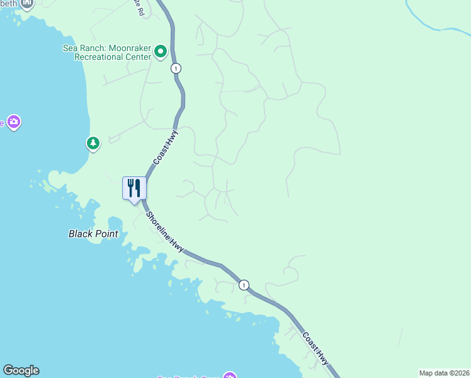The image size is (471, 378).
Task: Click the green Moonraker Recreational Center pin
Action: point(161,51)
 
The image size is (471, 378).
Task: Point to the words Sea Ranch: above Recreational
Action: point(81,48)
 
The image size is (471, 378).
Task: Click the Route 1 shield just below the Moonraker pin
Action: point(176,68)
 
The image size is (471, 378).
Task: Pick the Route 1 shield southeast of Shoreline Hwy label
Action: point(244,285)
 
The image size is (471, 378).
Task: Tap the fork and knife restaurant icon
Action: point(134,188)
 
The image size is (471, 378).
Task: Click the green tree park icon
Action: point(93,144)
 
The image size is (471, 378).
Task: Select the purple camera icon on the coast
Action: point(14,122)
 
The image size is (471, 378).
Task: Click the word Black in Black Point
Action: point(80,234)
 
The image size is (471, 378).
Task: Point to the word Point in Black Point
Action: point(106,234)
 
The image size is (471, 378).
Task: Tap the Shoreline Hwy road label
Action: point(165,232)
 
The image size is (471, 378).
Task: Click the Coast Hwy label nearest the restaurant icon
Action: point(166,147)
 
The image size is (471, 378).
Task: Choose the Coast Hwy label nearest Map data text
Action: point(315,348)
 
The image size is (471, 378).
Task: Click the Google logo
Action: point(21,370)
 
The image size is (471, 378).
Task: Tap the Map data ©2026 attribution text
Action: point(444,373)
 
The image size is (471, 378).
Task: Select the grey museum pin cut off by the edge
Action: point(27,3)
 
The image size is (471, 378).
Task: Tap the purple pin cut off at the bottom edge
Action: point(230,375)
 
